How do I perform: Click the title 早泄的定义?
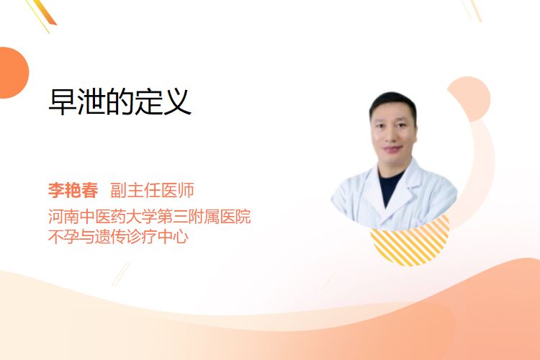pyautogui.click(x=120, y=102)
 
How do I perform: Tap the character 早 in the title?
pyautogui.click(x=63, y=102)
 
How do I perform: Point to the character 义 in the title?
pyautogui.click(x=177, y=102)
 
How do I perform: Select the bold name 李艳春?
pyautogui.click(x=73, y=190)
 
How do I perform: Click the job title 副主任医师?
pyautogui.click(x=152, y=190)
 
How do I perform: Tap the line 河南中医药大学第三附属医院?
pyautogui.click(x=150, y=216)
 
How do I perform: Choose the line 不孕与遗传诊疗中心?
pyautogui.click(x=119, y=237)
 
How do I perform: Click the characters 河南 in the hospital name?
pyautogui.click(x=63, y=216)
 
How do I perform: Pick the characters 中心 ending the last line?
pyautogui.click(x=174, y=237)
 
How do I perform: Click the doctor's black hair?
pyautogui.click(x=392, y=102)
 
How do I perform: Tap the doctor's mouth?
pyautogui.click(x=393, y=149)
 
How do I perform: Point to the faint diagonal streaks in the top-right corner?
pyautogui.click(x=472, y=10)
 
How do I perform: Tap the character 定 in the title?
pyautogui.click(x=148, y=102)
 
